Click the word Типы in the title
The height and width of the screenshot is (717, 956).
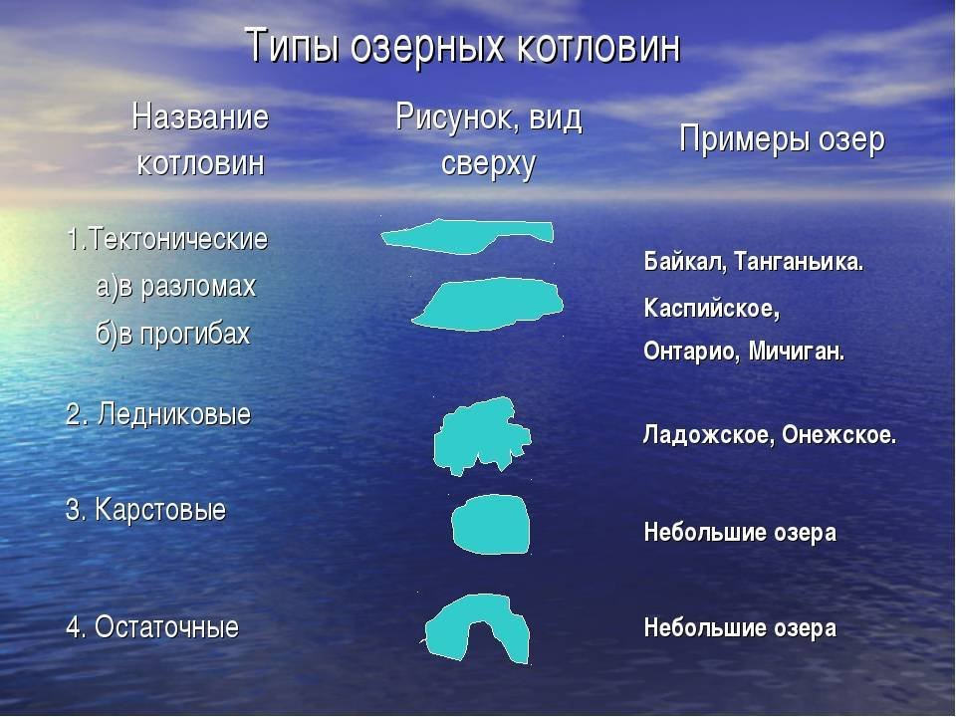[292, 47]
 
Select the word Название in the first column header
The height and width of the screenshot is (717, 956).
[200, 117]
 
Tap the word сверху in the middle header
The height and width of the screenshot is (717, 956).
[488, 163]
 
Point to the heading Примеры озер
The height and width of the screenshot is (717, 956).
[782, 139]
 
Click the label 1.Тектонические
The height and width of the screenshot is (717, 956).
[167, 238]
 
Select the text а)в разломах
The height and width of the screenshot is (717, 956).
[175, 287]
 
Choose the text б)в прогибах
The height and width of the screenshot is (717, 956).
[173, 334]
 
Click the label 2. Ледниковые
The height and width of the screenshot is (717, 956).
[158, 414]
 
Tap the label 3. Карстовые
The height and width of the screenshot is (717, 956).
[145, 510]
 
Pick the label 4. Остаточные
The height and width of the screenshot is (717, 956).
[152, 627]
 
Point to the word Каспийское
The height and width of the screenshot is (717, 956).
[711, 309]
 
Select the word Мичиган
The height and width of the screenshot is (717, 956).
[797, 352]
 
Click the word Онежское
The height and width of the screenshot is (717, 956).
[839, 435]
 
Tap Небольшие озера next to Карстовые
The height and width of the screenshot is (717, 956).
[740, 532]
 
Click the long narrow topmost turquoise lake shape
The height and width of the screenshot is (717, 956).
[463, 237]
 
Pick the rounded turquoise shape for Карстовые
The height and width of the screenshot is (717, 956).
[491, 525]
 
